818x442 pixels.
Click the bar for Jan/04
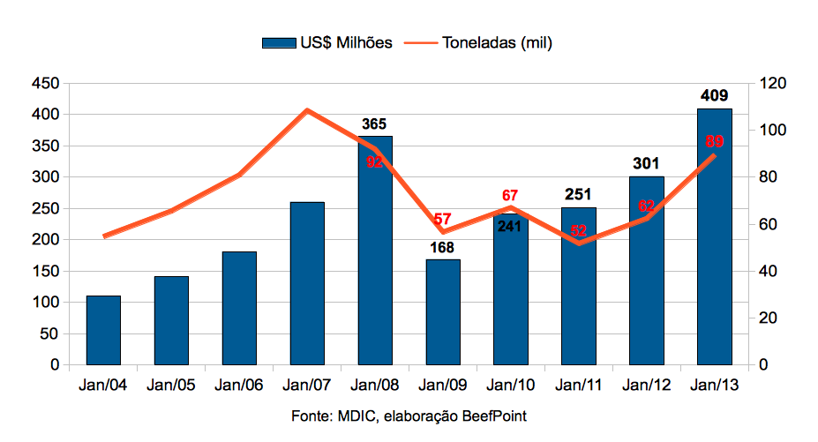point(103,330)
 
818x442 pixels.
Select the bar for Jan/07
point(307,283)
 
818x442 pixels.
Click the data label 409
point(714,95)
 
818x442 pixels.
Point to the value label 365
point(374,124)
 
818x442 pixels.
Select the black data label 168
point(443,247)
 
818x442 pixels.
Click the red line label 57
point(443,219)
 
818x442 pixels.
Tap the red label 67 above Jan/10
point(510,195)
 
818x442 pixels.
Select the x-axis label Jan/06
point(239,385)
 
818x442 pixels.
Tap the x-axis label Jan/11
point(578,385)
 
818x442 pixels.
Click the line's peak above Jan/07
point(307,110)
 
